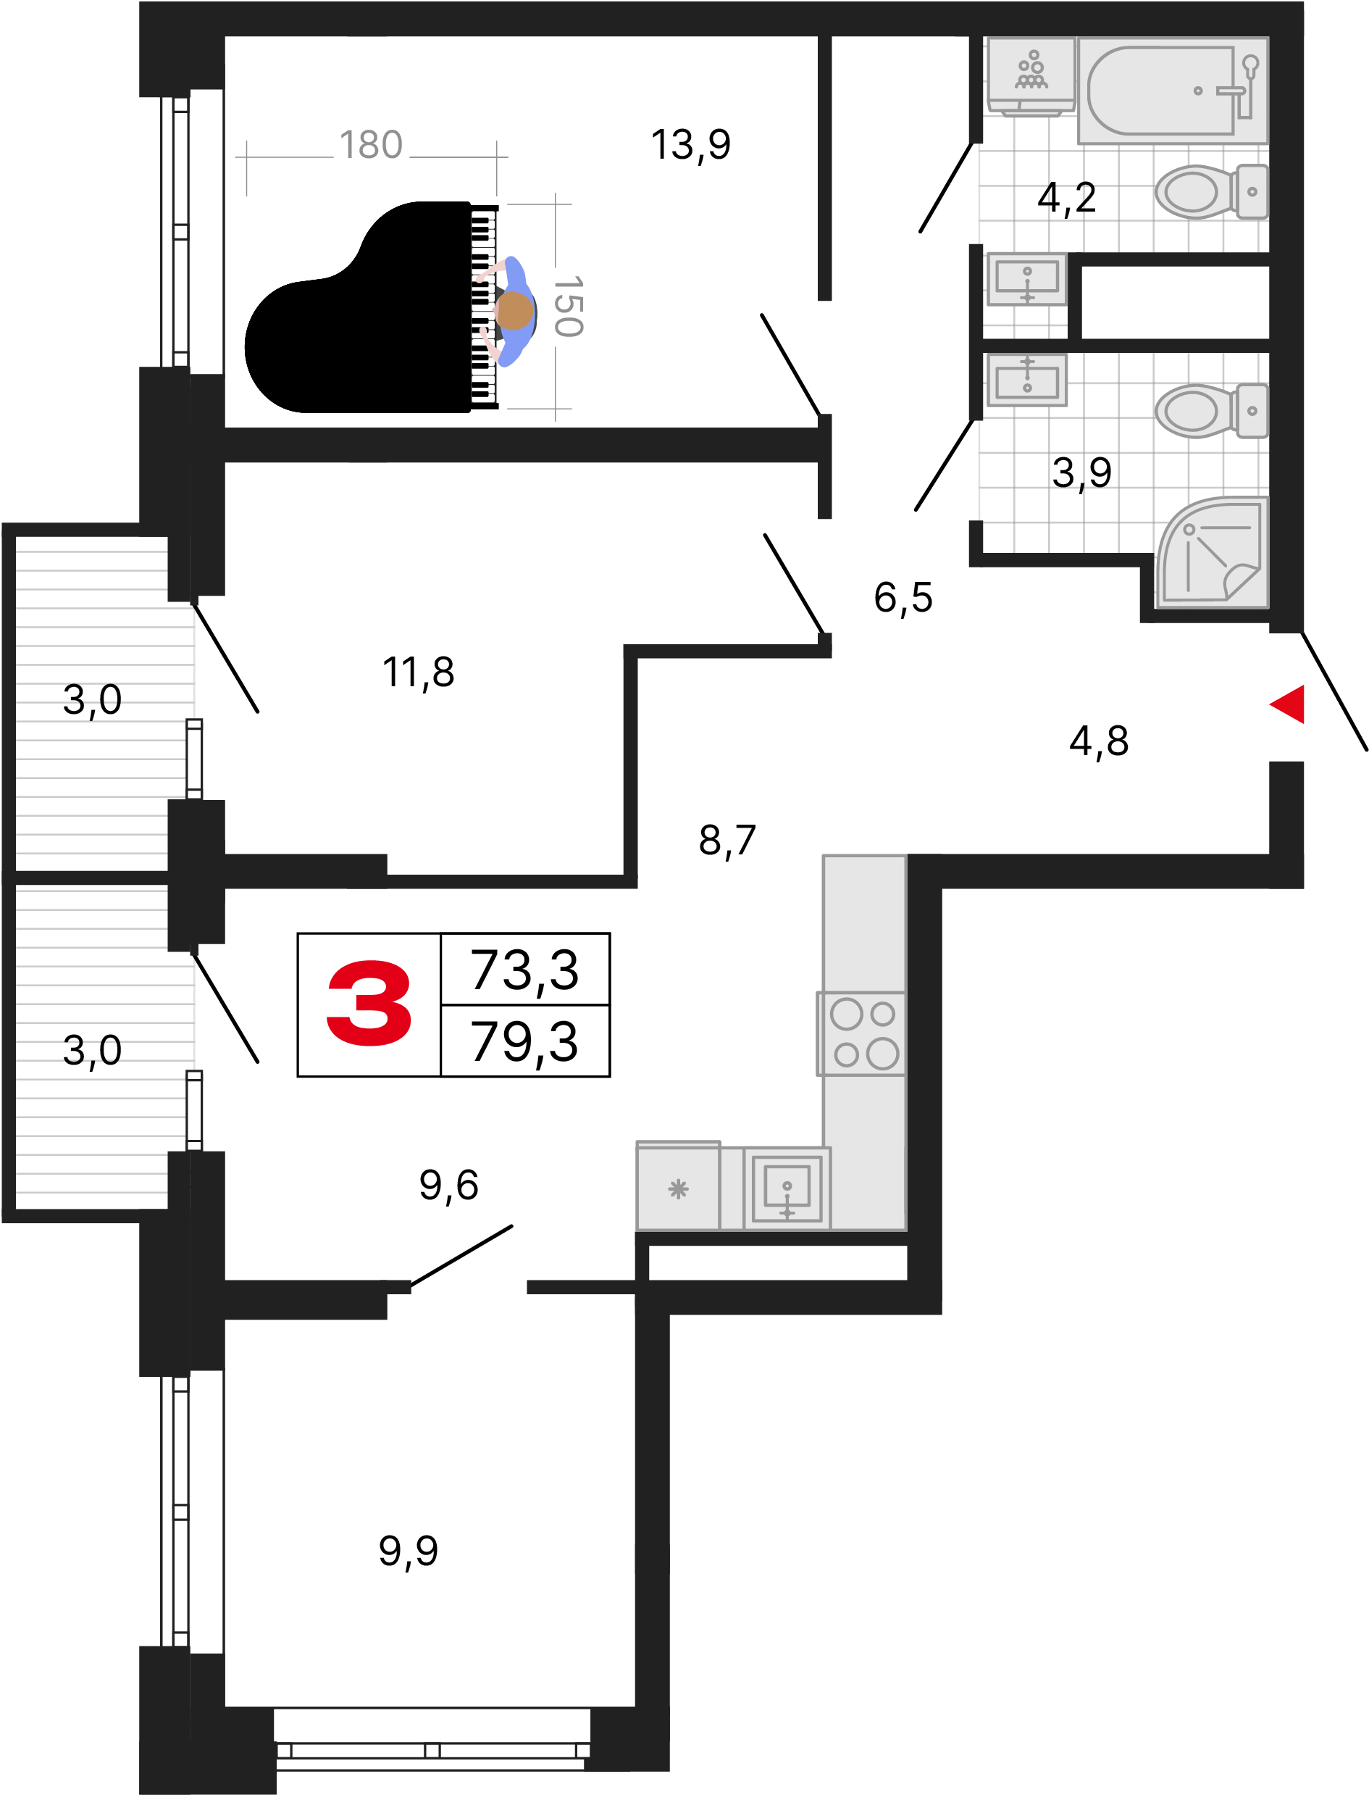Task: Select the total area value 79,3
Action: click(x=524, y=1042)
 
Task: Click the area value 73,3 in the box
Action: click(x=524, y=970)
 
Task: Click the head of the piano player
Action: click(x=514, y=311)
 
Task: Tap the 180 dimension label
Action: click(x=371, y=145)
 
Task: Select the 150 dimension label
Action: click(x=568, y=307)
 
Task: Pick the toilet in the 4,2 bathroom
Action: click(x=1211, y=191)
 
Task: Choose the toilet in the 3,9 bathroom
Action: click(x=1211, y=410)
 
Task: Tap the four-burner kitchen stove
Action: click(x=862, y=1033)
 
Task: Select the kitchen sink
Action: click(x=787, y=1188)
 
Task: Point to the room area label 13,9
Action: click(x=691, y=145)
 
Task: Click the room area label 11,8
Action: click(x=419, y=672)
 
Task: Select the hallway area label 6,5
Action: click(x=903, y=598)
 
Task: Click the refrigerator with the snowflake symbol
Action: click(x=678, y=1186)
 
